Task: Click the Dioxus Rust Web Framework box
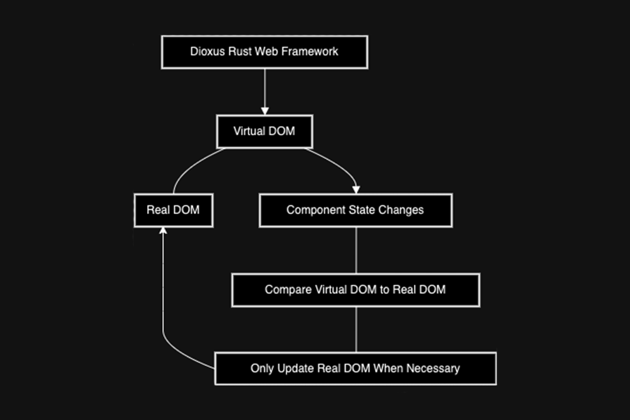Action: click(264, 51)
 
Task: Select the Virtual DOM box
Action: click(264, 131)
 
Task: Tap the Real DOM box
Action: click(172, 210)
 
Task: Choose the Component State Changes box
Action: click(355, 210)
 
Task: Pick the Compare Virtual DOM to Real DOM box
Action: click(355, 289)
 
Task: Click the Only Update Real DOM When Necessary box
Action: click(355, 368)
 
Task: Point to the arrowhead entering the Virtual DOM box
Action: click(265, 110)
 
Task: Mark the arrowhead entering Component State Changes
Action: click(356, 189)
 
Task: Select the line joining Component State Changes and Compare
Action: click(356, 250)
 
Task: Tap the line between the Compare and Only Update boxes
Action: click(356, 329)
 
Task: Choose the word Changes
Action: click(402, 210)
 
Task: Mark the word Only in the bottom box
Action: click(262, 368)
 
